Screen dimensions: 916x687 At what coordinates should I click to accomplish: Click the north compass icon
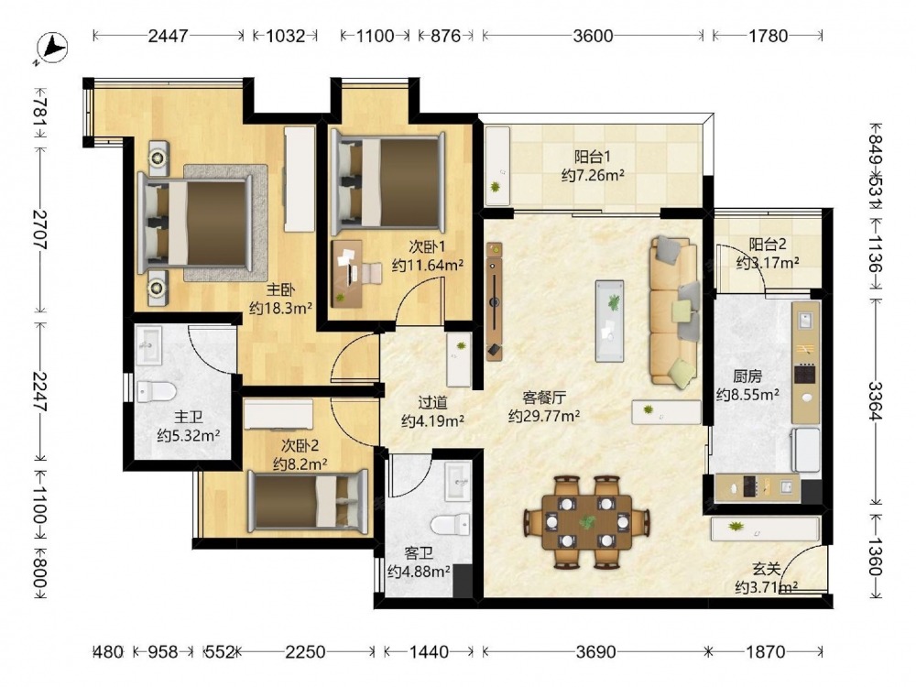click(52, 47)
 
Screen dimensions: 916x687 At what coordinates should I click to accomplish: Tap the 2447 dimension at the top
click(168, 36)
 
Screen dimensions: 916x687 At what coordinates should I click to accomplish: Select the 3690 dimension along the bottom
click(595, 651)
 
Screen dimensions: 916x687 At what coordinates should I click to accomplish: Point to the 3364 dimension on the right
click(875, 401)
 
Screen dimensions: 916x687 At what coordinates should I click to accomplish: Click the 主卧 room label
click(280, 289)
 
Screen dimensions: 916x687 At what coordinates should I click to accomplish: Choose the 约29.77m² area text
click(544, 416)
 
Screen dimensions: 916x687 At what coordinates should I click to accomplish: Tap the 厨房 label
click(747, 376)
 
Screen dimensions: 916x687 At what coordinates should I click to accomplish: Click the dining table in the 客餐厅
click(587, 522)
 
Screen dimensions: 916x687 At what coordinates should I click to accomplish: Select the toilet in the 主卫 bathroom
click(156, 391)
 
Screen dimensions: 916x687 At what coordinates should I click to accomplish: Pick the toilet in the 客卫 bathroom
click(451, 524)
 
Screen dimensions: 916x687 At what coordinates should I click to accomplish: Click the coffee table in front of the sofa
click(609, 321)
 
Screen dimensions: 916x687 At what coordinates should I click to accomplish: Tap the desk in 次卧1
click(347, 273)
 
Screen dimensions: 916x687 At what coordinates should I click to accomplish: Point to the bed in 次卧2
click(308, 501)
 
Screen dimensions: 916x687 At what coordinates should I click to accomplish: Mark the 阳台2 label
click(768, 245)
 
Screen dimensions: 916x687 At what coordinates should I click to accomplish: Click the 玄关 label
click(766, 569)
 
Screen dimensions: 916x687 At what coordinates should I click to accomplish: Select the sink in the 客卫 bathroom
click(457, 481)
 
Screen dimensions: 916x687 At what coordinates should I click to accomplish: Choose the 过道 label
click(433, 402)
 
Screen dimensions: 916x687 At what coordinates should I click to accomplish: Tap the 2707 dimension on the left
click(39, 229)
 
